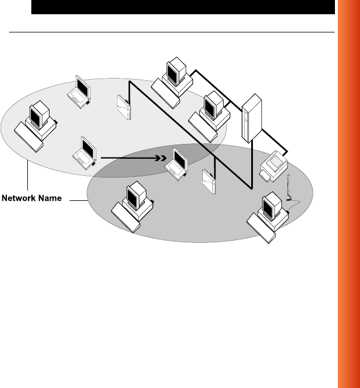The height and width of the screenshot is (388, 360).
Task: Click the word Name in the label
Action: pyautogui.click(x=51, y=199)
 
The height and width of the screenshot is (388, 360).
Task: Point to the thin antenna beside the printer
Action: pyautogui.click(x=290, y=188)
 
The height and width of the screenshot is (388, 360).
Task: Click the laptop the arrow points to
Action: pyautogui.click(x=177, y=163)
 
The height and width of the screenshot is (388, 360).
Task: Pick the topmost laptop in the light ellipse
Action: pyautogui.click(x=80, y=91)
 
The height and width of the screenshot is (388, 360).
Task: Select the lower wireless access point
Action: pyautogui.click(x=208, y=181)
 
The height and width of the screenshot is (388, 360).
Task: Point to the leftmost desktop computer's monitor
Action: pyautogui.click(x=38, y=114)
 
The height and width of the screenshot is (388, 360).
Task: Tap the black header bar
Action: pyautogui.click(x=183, y=7)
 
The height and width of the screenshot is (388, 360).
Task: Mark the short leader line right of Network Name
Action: pyautogui.click(x=77, y=199)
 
